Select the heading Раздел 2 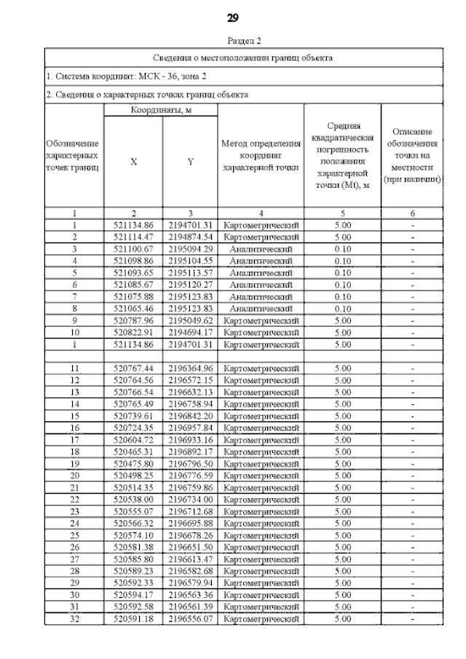click(244, 42)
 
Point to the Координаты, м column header click(161, 110)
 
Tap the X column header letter click(133, 162)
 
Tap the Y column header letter click(190, 162)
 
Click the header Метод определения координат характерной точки click(261, 156)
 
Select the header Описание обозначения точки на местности click(414, 156)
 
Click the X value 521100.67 click(133, 249)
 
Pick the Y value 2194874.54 click(190, 237)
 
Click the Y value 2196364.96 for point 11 click(190, 369)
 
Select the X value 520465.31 click(133, 452)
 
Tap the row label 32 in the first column click(74, 619)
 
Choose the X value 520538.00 click(133, 500)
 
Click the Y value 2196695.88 click(190, 524)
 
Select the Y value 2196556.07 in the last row click(190, 619)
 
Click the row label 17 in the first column click(74, 441)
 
